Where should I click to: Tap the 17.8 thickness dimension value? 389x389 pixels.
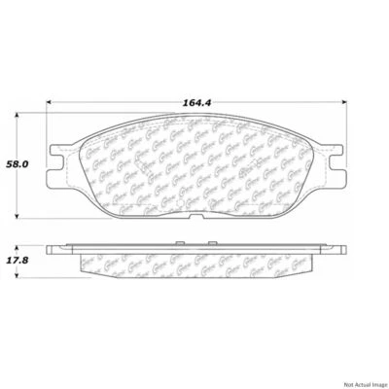point(18,261)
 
